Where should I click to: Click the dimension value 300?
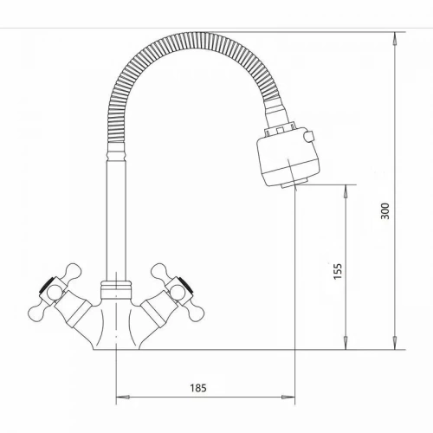(x=385, y=211)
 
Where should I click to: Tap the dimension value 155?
(x=338, y=271)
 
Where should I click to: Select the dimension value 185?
(x=198, y=388)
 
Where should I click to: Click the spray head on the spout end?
(x=288, y=158)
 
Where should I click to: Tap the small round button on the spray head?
(x=310, y=137)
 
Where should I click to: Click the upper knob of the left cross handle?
(x=73, y=271)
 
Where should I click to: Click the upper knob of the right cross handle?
(x=159, y=271)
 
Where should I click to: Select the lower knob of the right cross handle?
(x=195, y=314)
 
